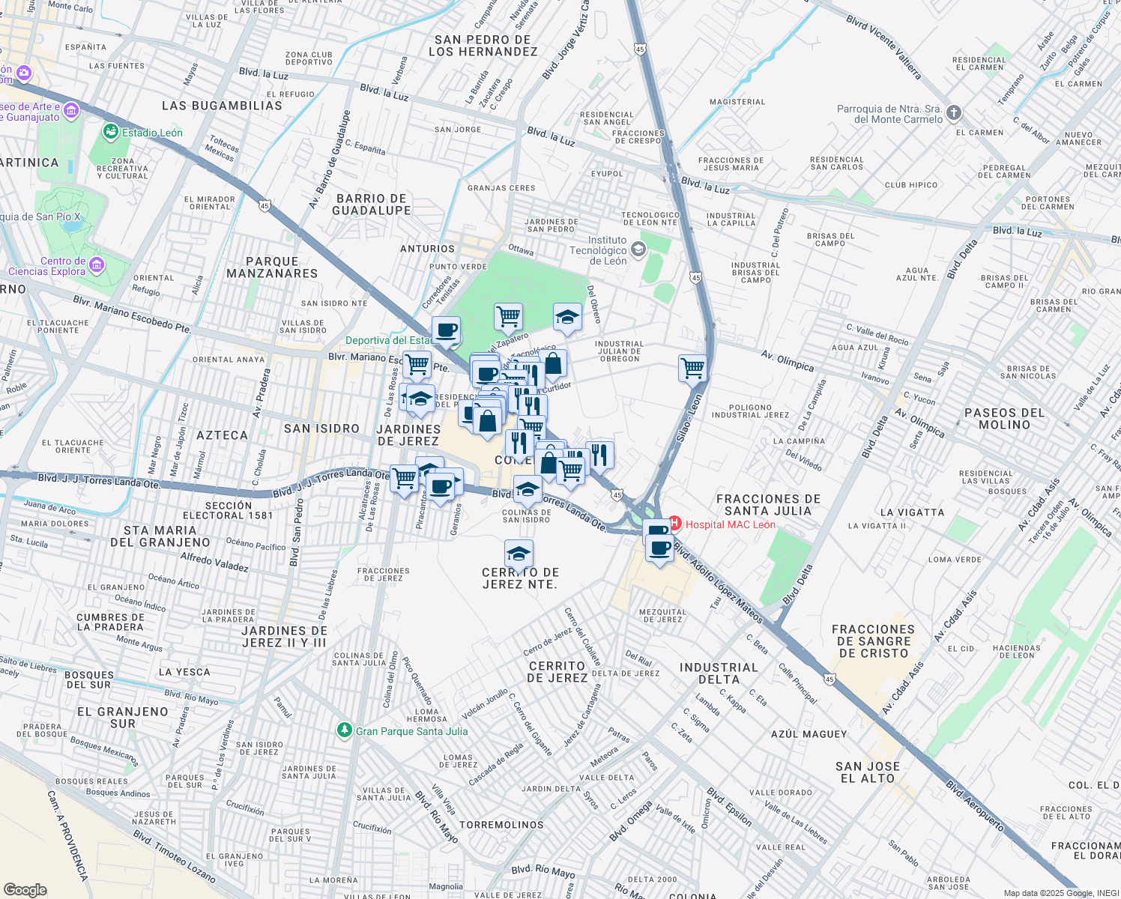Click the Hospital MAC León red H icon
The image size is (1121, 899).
click(x=675, y=523)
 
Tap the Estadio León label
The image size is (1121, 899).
click(x=152, y=133)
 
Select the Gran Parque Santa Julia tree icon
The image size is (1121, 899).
click(x=344, y=730)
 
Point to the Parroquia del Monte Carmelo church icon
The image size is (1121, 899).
click(x=953, y=113)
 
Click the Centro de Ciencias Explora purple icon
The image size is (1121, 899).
click(x=96, y=265)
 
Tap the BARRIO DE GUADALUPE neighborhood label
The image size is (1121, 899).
click(x=372, y=205)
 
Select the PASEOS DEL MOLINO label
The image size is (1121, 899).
click(x=1004, y=419)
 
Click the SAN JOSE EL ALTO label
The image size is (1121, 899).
click(x=868, y=772)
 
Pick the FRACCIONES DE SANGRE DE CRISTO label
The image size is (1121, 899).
click(x=873, y=641)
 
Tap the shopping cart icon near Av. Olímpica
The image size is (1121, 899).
click(x=692, y=368)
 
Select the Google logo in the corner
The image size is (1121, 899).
click(x=25, y=889)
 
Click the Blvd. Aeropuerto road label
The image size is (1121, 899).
click(x=974, y=806)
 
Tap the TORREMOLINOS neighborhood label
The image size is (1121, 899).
click(x=501, y=825)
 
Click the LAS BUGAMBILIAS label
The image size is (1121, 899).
click(x=222, y=106)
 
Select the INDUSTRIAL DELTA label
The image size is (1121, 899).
click(x=719, y=674)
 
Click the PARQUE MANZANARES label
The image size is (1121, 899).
click(x=272, y=267)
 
